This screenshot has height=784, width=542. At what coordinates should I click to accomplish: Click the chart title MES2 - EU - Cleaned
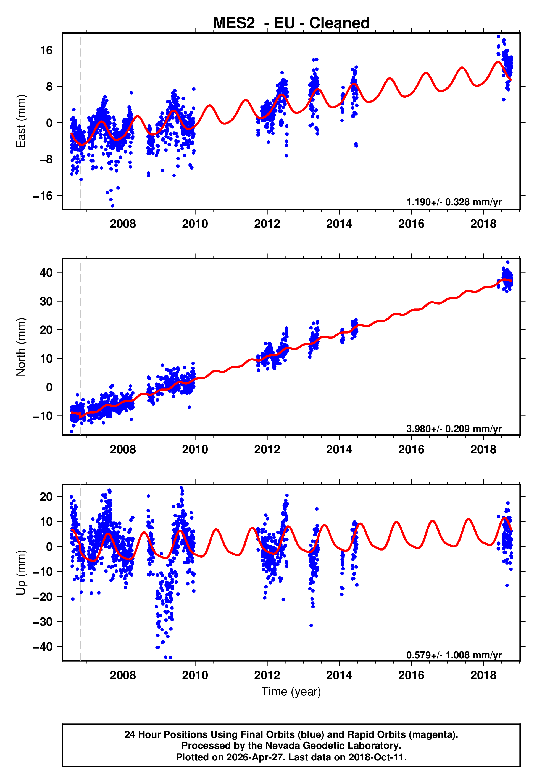(x=291, y=23)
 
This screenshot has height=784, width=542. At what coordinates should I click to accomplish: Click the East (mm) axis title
(x=21, y=121)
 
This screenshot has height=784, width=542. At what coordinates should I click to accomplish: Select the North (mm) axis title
(x=21, y=347)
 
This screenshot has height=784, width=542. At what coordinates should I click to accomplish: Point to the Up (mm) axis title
(x=21, y=573)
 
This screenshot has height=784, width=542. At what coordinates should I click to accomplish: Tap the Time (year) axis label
(x=291, y=692)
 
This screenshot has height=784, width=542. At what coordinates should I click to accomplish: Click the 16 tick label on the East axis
(x=46, y=50)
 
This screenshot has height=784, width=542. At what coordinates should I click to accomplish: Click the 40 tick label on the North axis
(x=46, y=273)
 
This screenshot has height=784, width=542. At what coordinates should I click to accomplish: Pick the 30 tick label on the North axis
(x=46, y=302)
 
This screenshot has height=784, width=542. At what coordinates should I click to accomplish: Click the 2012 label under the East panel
(x=267, y=224)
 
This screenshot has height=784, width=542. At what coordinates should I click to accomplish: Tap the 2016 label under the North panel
(x=411, y=450)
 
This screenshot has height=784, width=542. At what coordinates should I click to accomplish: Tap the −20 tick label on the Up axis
(x=43, y=597)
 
